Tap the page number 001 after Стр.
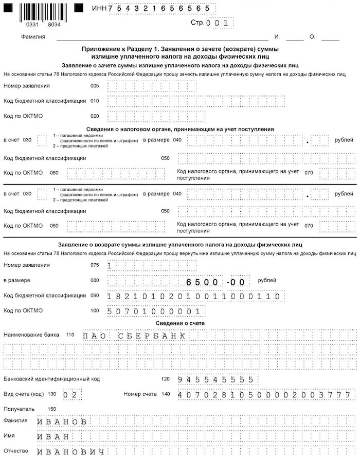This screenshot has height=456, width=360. pos(219,23)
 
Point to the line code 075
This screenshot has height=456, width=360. pos(94,265)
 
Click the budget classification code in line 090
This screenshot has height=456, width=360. pos(195,296)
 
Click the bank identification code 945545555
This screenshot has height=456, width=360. pos(216,379)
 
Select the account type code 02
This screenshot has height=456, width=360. pos(70,395)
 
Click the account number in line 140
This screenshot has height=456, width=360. pos(264,395)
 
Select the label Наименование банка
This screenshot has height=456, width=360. pos(31,335)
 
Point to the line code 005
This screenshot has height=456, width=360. pos(94,86)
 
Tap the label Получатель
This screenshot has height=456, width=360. pos(19,409)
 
